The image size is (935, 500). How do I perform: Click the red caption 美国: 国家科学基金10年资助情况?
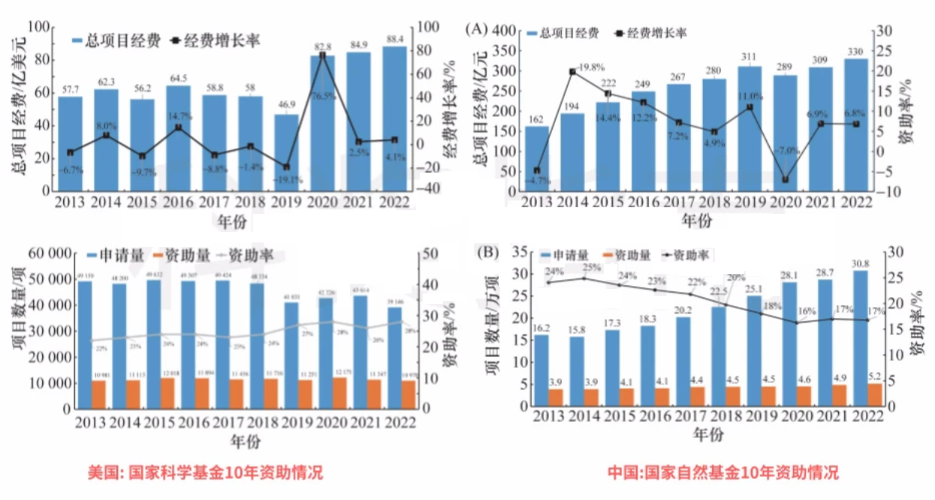(x=205, y=473)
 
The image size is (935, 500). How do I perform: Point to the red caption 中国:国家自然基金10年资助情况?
(x=722, y=473)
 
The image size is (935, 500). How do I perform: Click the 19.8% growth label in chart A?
(x=591, y=67)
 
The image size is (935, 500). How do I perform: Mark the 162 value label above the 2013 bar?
(x=536, y=119)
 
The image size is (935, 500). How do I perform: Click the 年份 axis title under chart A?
(x=696, y=221)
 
